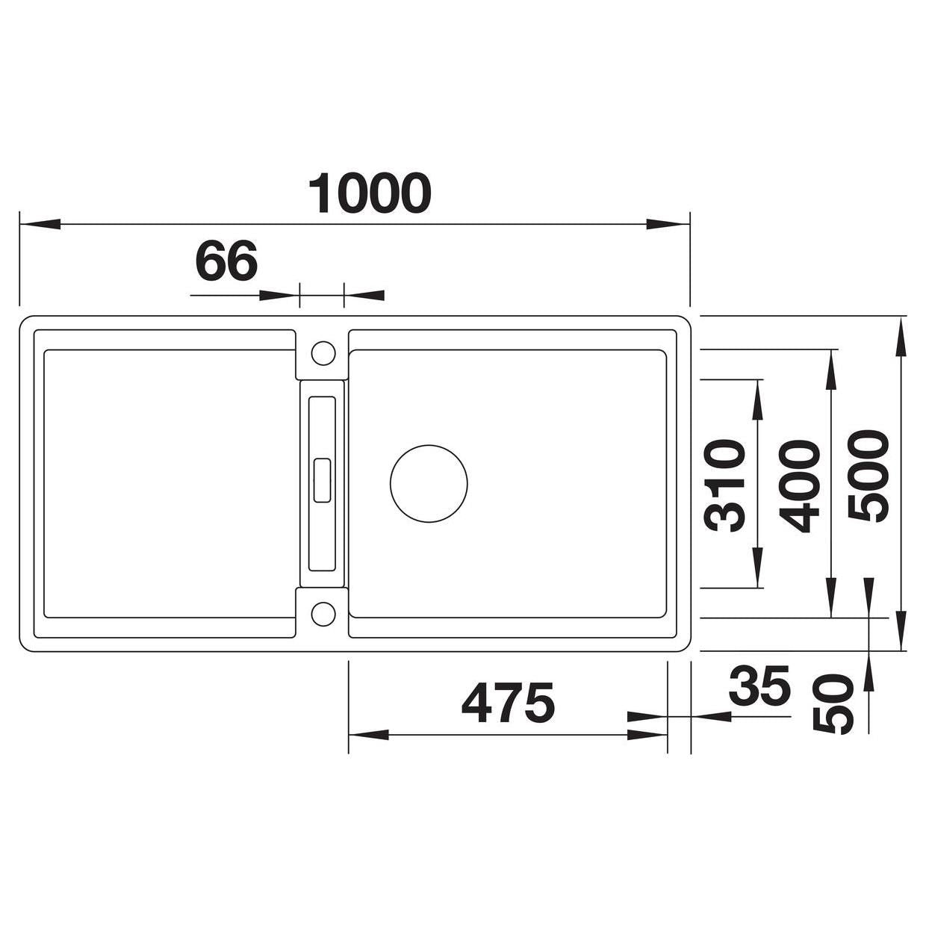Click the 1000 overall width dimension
pos(369,193)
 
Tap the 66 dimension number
pos(226,261)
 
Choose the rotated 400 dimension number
pos(799,486)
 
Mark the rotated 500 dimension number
pos(868,476)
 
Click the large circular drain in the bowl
pos(429,483)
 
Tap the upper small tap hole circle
pos(323,352)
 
